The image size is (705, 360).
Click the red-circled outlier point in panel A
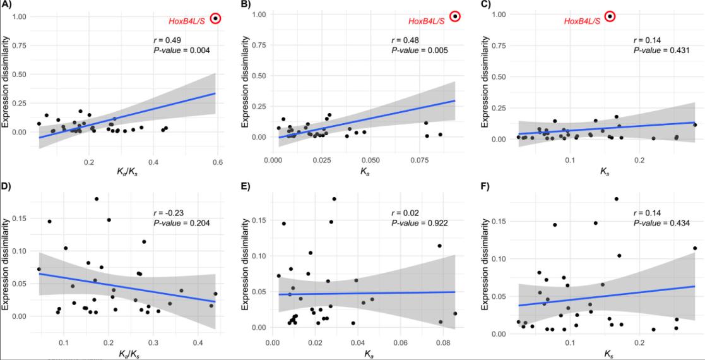(x=216, y=18)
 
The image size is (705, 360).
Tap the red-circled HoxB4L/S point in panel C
(x=610, y=16)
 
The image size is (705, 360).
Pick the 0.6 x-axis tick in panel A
(x=216, y=162)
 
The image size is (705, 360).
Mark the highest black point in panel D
(x=97, y=199)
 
